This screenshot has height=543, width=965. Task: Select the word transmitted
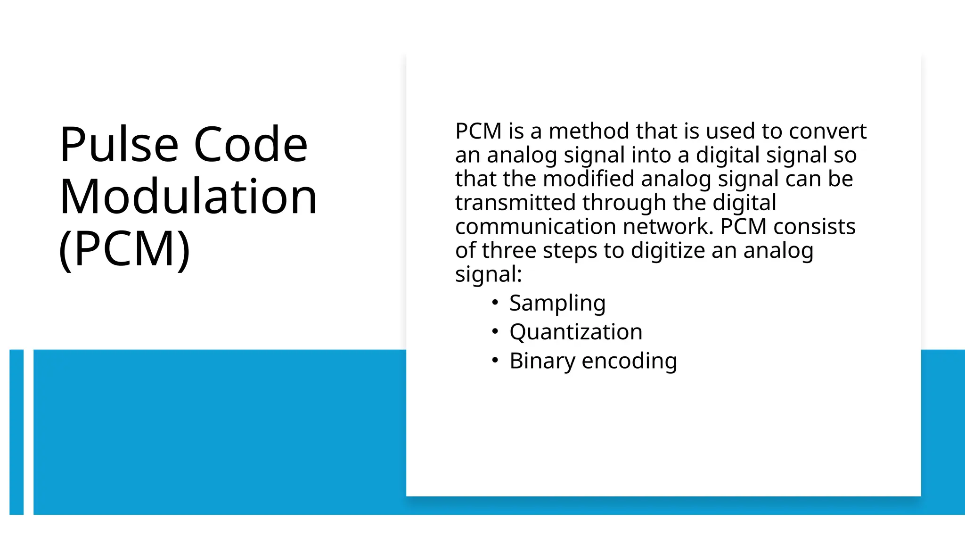515,203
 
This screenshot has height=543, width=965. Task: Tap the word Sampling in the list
557,304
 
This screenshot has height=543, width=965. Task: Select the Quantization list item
576,332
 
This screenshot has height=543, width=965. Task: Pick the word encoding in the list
629,362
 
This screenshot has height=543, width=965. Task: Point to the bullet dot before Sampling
495,303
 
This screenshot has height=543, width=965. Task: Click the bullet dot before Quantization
495,331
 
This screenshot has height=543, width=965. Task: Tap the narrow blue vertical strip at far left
16,432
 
